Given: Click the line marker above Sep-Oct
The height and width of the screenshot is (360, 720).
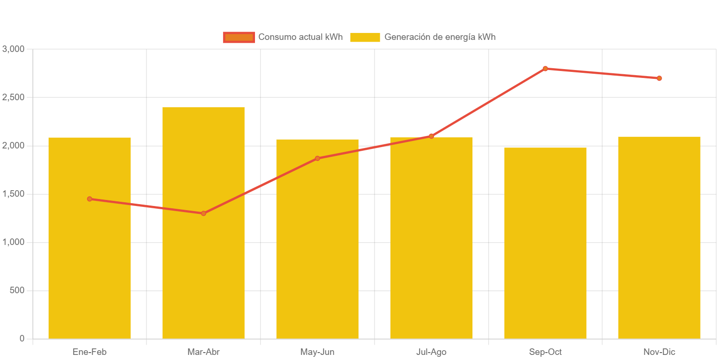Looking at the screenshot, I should pos(545,69).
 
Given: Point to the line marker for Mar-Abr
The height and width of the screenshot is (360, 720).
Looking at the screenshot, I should pos(204,213).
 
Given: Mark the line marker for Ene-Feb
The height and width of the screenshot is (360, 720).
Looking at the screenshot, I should pos(89,199).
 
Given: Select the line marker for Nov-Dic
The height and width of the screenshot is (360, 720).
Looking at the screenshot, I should pos(659,78).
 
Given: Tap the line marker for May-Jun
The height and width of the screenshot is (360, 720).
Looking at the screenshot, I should pos(318,158).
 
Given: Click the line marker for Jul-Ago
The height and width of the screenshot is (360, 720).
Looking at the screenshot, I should pos(431,136).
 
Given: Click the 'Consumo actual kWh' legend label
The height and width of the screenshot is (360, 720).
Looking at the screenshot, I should pos(300,37).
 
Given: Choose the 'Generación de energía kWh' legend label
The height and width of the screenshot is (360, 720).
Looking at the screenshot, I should pos(440,37).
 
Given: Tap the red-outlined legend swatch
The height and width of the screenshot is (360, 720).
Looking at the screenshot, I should pos(239,38).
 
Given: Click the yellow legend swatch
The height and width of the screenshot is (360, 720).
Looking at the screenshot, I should pos(365,38).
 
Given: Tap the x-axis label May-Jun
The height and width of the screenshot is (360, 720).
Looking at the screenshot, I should pos(318,352).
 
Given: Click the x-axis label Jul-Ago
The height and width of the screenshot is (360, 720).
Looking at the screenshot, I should pos(431,352).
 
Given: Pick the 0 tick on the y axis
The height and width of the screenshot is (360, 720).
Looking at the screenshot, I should pos(22,339).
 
